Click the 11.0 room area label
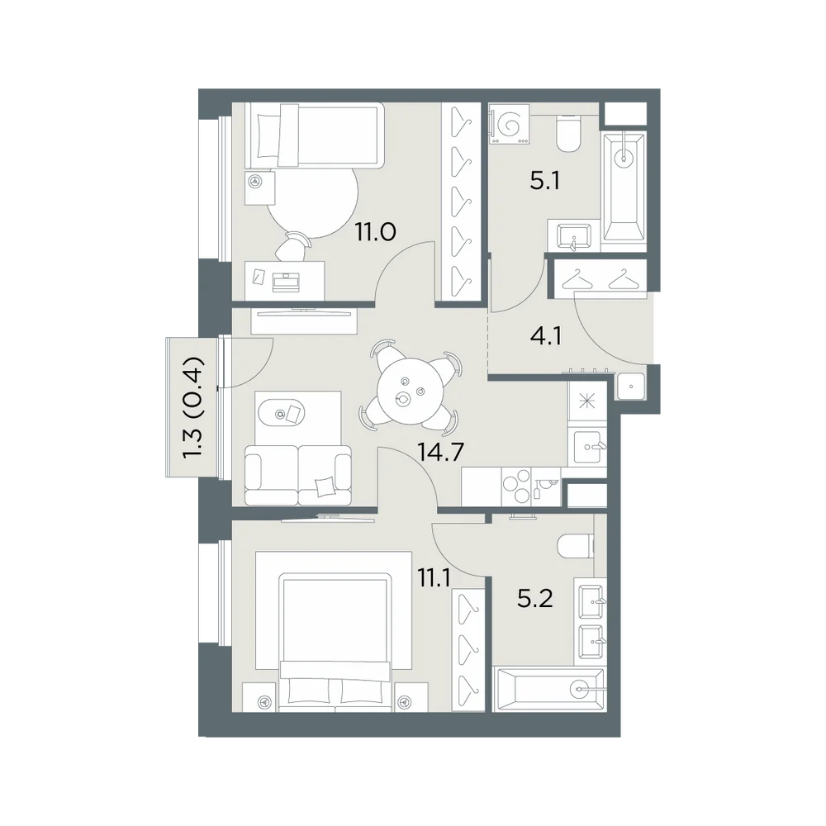point(375,232)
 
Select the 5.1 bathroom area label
point(544,182)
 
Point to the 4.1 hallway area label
point(546,336)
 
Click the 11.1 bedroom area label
point(434,579)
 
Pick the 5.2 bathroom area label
point(534,599)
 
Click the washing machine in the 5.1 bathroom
point(509,125)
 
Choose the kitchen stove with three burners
point(517,487)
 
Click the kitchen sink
point(590,447)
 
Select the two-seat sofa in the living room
point(298,475)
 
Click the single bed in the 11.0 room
point(314,135)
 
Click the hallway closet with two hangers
point(598,278)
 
